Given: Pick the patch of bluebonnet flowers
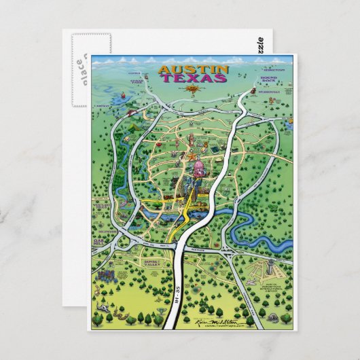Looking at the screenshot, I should (x=108, y=274).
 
